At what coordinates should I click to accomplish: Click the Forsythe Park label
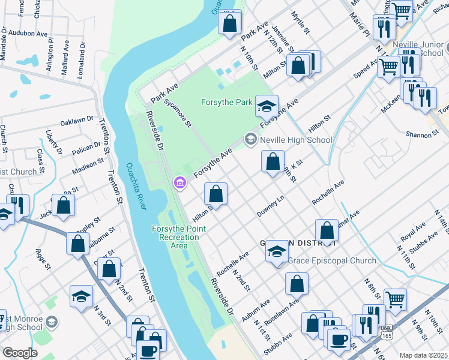click(x=226, y=102)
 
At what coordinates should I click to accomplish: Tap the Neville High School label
click(x=296, y=140)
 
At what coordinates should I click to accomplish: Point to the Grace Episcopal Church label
click(x=332, y=260)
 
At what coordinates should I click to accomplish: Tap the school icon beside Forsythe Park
click(x=267, y=106)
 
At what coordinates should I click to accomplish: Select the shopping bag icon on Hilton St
click(x=215, y=194)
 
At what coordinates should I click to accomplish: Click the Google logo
click(x=20, y=353)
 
